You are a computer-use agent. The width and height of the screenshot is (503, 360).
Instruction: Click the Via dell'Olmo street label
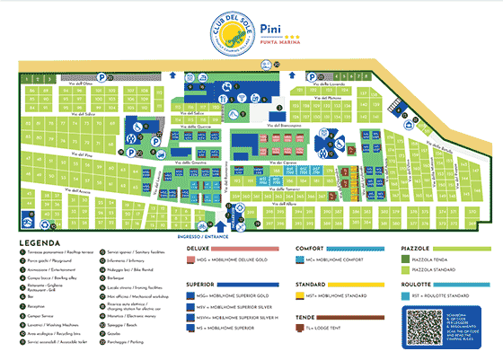(x=93, y=83)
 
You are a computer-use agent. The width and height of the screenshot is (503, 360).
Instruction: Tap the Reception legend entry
(x=36, y=308)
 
